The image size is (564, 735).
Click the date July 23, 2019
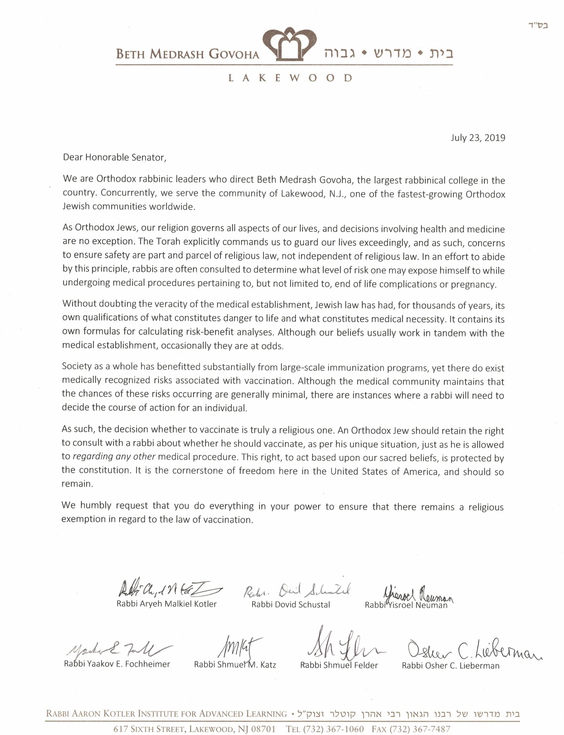click(478, 138)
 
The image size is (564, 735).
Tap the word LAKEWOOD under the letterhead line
click(290, 78)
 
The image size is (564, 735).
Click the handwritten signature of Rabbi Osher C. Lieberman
click(471, 649)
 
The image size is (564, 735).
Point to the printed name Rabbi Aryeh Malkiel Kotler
click(167, 604)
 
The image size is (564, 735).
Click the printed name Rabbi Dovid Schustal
click(290, 605)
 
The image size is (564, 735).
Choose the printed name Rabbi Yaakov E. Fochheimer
click(117, 664)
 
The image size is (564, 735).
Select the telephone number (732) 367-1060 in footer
click(335, 729)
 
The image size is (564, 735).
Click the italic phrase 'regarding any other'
click(114, 457)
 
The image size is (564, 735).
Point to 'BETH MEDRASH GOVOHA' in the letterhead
click(188, 55)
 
